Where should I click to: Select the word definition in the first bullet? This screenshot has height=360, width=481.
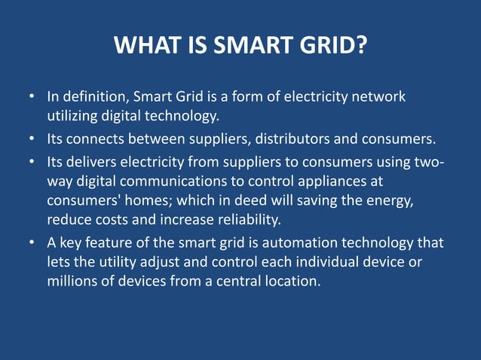click(93, 97)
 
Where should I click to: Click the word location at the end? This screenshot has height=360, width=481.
click(293, 281)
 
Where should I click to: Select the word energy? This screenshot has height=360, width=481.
click(385, 201)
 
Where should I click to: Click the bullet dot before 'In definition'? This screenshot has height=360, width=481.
click(32, 98)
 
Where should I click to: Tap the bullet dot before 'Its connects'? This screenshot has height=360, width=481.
click(32, 140)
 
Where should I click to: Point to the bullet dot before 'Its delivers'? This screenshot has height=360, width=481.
click(32, 163)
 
